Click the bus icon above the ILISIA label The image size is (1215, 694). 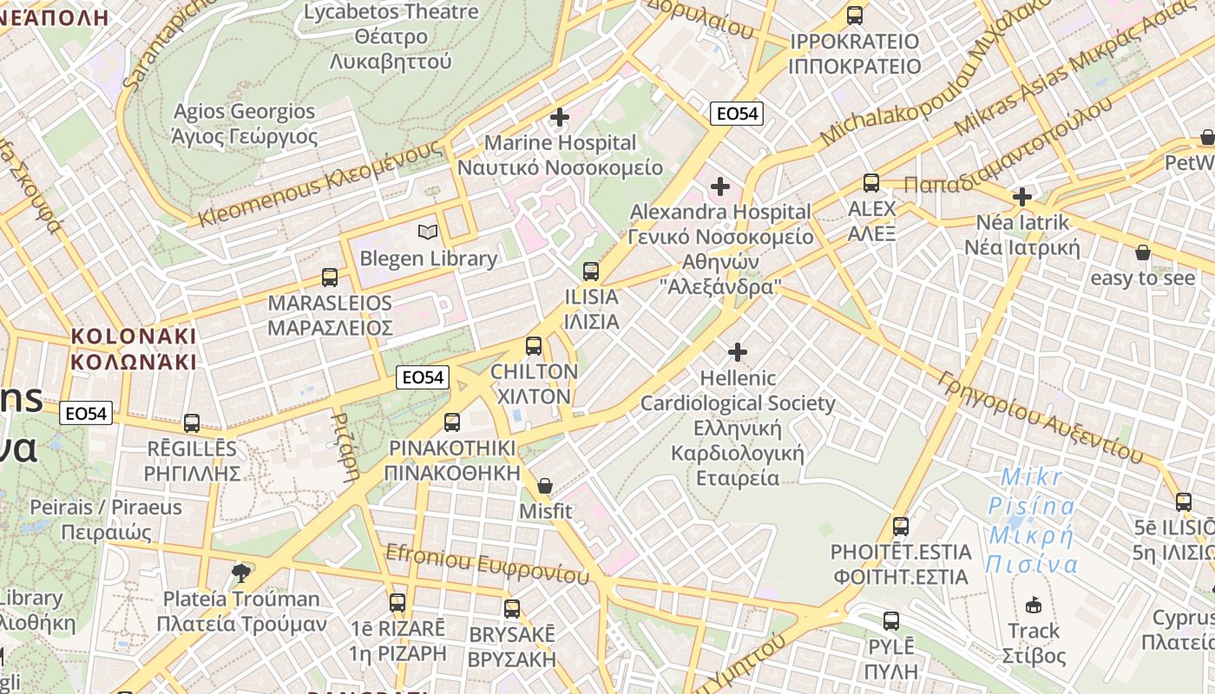coord(591,271)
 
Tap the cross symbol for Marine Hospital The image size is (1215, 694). coord(560,116)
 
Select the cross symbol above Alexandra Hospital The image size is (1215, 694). coord(719,186)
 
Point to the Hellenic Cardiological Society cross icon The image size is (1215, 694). coord(737,351)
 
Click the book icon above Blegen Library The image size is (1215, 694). coord(428,232)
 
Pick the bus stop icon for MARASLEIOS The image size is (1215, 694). coord(330,277)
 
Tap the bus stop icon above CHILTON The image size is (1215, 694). coord(534,345)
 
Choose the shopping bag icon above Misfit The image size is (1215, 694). coord(545,485)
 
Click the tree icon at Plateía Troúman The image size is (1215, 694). coord(241,572)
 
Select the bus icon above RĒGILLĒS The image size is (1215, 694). coord(192,422)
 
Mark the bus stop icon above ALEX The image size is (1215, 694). coord(871,183)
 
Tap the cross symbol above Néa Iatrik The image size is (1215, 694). coord(1022,196)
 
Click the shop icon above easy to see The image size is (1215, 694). coord(1142,252)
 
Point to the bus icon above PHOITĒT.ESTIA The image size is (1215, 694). coord(901,526)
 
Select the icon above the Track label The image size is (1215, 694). coord(1034,605)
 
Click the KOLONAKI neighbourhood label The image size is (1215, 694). coord(134,349)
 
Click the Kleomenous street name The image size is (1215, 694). coord(320,185)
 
